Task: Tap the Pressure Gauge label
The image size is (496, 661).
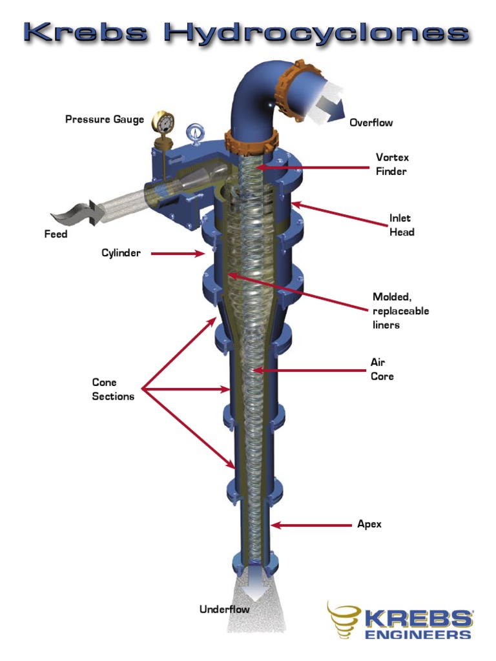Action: click(x=104, y=119)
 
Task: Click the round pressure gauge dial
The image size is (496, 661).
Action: click(x=163, y=122)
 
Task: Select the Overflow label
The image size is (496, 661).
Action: click(x=371, y=123)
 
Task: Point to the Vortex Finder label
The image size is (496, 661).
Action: click(x=392, y=164)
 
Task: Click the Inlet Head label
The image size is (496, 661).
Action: click(x=400, y=225)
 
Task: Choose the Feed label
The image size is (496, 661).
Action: click(x=56, y=234)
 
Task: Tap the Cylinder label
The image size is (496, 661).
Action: click(x=121, y=253)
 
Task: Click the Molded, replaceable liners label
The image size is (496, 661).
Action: click(x=400, y=310)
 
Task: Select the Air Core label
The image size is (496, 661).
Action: click(x=382, y=369)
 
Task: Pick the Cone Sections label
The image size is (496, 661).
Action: click(x=113, y=389)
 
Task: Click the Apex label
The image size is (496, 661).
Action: click(x=369, y=524)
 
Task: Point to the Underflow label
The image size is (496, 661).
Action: click(x=224, y=609)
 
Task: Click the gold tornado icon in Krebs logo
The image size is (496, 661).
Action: click(x=344, y=619)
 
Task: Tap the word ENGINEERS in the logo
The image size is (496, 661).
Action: click(x=418, y=635)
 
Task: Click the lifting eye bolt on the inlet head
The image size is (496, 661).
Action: click(x=192, y=134)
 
